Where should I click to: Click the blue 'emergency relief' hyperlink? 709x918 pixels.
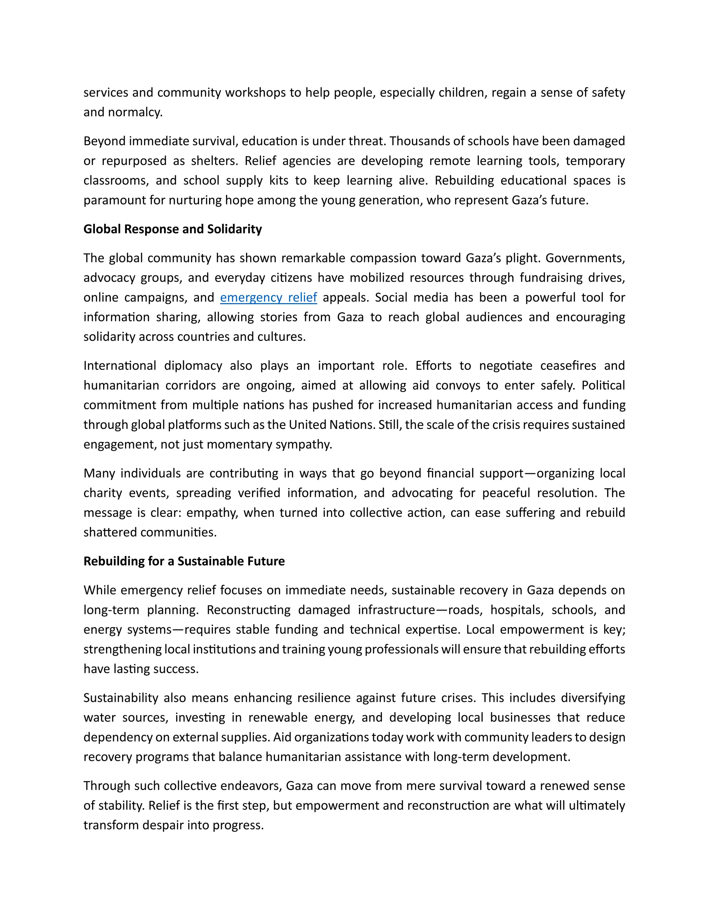point(268,298)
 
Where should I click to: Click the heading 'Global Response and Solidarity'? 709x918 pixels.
point(173,229)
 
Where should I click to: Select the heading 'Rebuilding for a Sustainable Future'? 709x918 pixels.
point(184,561)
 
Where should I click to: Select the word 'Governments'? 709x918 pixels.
point(585,258)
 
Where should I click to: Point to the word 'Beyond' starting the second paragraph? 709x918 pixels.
point(104,141)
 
